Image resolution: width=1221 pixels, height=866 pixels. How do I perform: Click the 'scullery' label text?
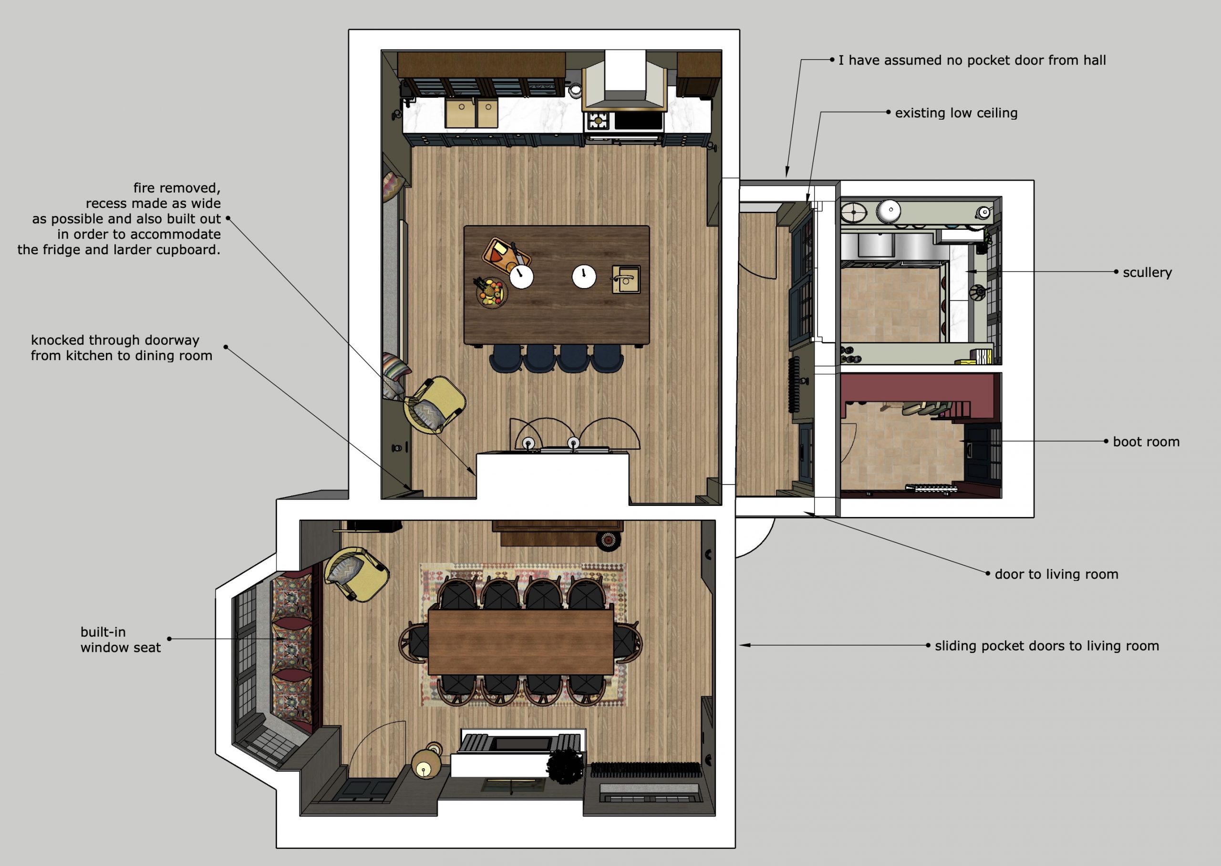point(1147,272)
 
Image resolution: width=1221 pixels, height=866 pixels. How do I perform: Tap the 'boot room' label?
point(1146,442)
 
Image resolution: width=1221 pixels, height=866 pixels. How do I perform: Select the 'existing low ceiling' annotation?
point(956,113)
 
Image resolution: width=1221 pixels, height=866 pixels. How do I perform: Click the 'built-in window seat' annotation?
point(121,639)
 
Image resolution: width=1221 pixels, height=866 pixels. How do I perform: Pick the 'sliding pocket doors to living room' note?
point(1046,646)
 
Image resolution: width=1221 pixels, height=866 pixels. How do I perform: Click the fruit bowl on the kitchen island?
point(491,292)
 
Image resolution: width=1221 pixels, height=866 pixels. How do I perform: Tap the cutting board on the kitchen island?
point(506,253)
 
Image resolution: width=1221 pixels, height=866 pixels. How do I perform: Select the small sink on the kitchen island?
point(625,279)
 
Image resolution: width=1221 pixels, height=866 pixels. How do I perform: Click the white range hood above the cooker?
point(625,81)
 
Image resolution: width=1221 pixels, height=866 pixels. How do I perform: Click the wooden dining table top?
point(520,642)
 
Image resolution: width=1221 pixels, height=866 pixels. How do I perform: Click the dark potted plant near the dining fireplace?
point(565,766)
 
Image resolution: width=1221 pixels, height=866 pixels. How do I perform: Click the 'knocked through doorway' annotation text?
point(115,340)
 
